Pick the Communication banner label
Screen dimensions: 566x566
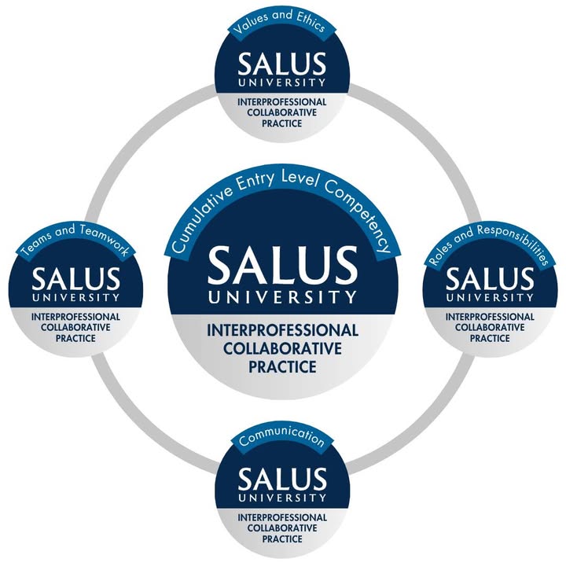tap(281, 436)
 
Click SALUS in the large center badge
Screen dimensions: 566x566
tap(282, 264)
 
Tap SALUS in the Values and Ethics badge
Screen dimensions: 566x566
tap(281, 64)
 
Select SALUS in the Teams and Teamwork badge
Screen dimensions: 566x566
tap(75, 279)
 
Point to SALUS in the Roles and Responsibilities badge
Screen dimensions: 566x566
tap(490, 279)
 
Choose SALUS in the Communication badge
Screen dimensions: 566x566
tap(282, 480)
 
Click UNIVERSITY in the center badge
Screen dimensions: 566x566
tap(282, 296)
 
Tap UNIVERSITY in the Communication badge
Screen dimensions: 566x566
tap(282, 498)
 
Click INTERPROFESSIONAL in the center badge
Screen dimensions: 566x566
tap(282, 330)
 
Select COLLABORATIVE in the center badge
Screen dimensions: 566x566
tap(282, 349)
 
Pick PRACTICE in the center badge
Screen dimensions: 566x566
tap(282, 367)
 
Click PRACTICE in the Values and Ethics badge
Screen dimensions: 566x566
tap(282, 123)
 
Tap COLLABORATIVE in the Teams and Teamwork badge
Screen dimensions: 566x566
tap(75, 327)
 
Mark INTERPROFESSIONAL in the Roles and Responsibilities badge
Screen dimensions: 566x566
tap(490, 317)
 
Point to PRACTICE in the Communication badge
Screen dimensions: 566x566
tap(282, 539)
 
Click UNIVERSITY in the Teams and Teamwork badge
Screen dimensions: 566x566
tap(75, 298)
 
